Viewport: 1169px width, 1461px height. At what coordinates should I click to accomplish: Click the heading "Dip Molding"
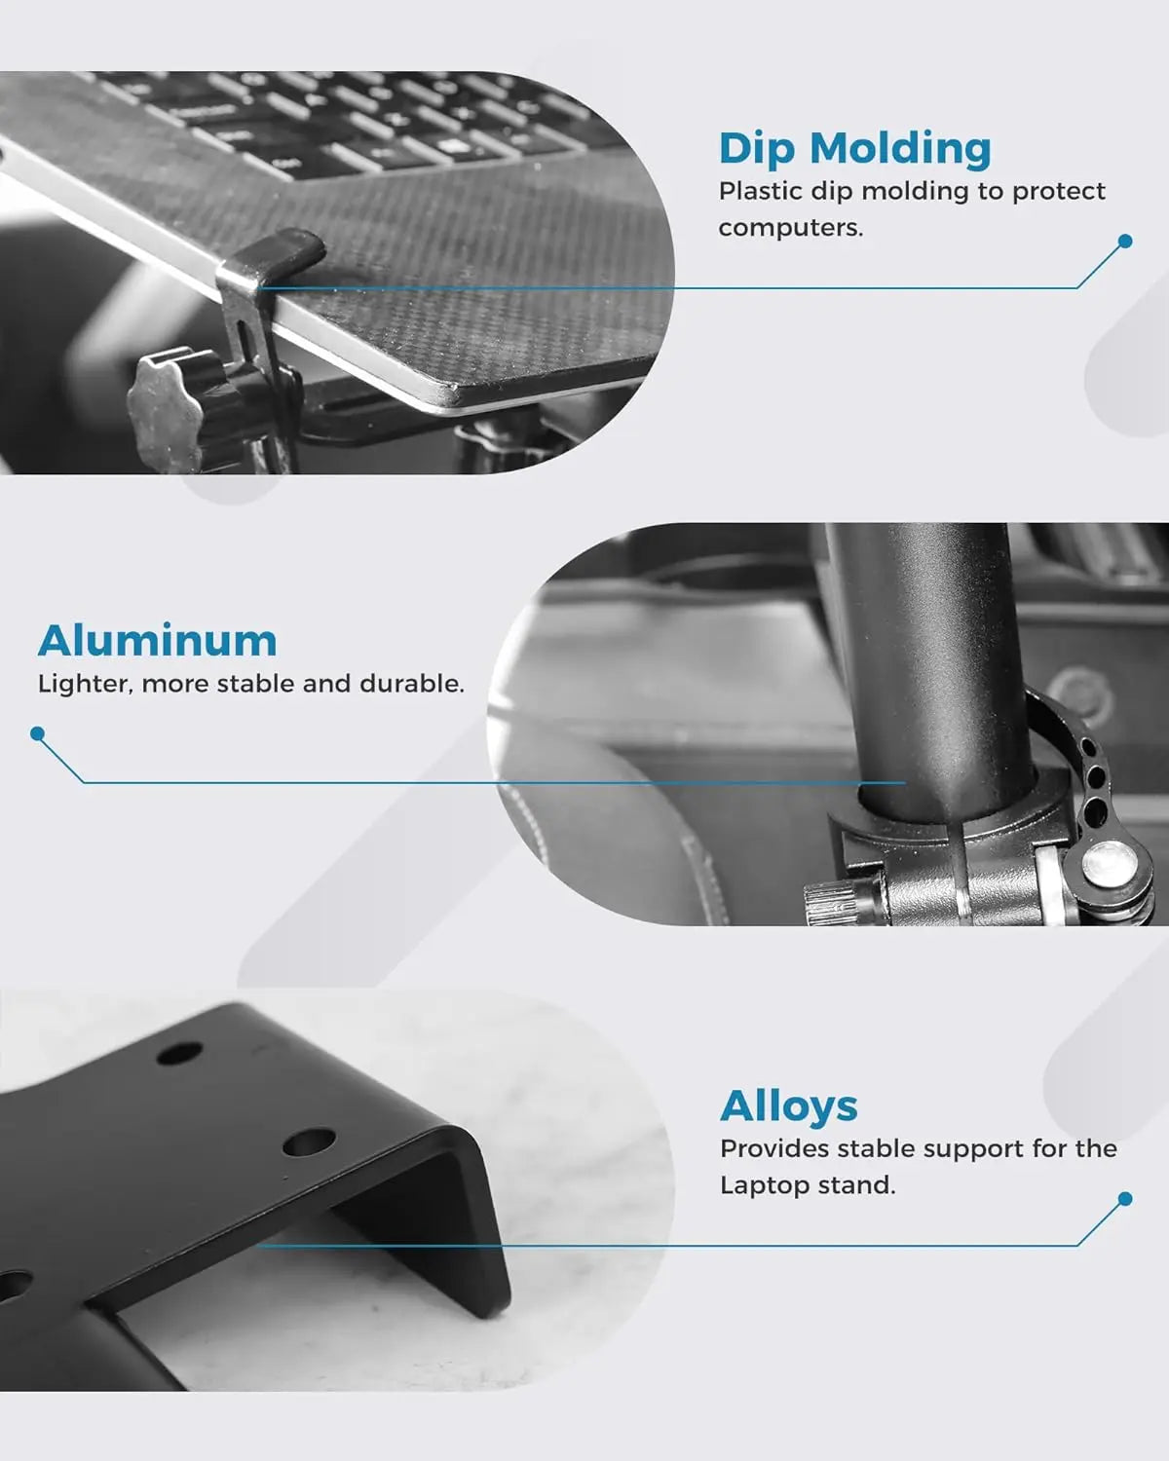click(x=854, y=148)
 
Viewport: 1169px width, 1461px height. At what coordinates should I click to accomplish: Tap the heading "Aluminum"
click(x=157, y=641)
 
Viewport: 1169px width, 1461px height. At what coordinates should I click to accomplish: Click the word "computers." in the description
click(x=791, y=228)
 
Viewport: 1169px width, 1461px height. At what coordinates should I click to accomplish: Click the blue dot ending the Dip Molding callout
click(x=1125, y=241)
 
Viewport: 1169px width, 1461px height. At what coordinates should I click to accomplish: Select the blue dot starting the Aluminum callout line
click(x=38, y=733)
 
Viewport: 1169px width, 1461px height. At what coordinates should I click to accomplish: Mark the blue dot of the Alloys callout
click(x=1125, y=1199)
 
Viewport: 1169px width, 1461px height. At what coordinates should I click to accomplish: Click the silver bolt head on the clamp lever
click(x=1110, y=867)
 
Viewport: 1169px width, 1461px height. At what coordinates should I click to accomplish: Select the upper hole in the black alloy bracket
click(x=179, y=1053)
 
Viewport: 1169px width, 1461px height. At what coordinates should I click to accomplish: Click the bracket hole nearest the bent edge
click(x=309, y=1143)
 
